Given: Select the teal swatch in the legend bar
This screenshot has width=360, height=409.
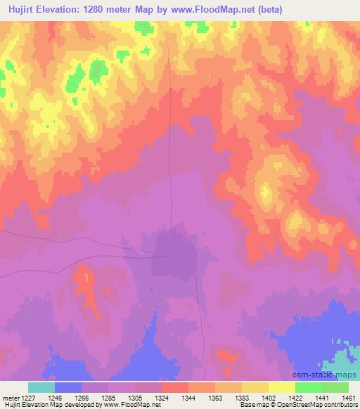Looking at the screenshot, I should pyautogui.click(x=41, y=387).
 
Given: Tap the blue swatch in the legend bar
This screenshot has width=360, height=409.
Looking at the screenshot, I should pyautogui.click(x=68, y=387).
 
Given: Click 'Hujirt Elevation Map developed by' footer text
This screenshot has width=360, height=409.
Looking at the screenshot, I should pyautogui.click(x=49, y=405).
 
